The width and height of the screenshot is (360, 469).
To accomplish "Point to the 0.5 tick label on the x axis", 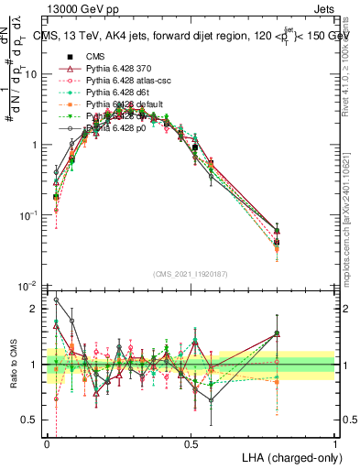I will [x=191, y=442].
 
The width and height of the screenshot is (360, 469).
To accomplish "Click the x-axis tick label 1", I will [x=334, y=442].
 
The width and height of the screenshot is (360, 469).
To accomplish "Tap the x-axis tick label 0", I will [x=47, y=442].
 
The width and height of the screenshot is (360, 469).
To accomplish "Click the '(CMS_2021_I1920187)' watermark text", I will [x=191, y=273].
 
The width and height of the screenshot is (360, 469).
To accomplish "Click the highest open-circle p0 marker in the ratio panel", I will [x=57, y=300].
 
